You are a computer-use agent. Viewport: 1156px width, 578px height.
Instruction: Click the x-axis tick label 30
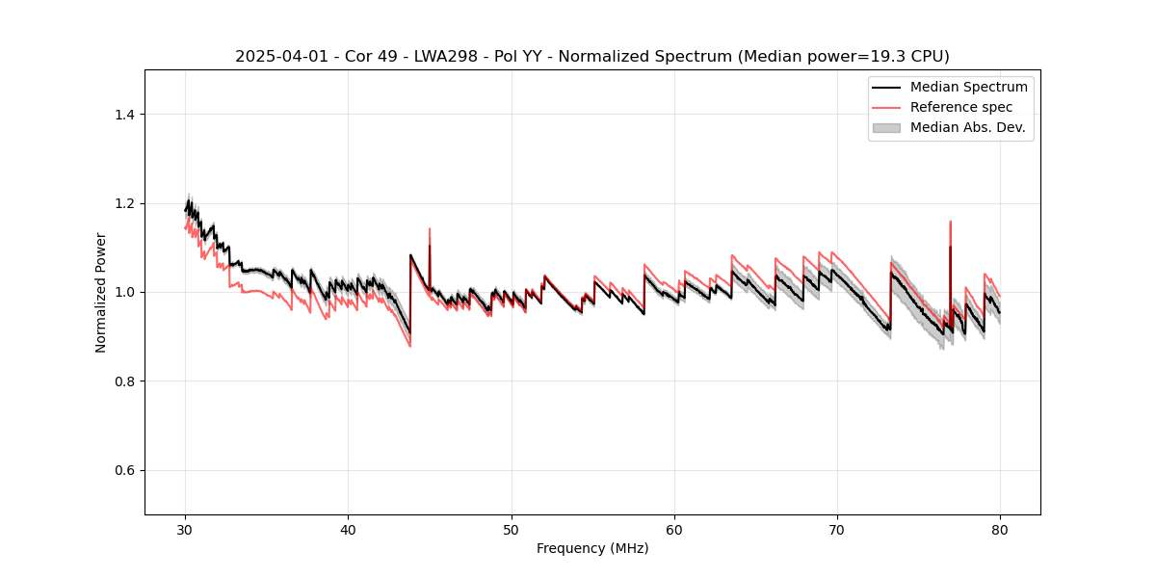click(186, 530)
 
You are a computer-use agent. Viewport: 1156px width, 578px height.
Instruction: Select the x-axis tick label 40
click(349, 530)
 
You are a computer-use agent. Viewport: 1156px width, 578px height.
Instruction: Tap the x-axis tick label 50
click(512, 530)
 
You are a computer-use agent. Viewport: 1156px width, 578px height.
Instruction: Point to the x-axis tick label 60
click(674, 530)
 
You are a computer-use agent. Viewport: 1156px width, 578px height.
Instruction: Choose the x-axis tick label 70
click(837, 530)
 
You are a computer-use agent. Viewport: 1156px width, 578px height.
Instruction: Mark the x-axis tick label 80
click(1000, 530)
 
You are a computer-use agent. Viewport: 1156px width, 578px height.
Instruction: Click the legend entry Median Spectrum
click(968, 87)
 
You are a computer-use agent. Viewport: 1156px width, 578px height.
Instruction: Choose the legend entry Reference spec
click(961, 107)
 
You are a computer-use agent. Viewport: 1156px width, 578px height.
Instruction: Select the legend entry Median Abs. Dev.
click(968, 127)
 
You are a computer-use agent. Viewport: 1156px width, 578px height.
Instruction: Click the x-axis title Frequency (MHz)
click(592, 548)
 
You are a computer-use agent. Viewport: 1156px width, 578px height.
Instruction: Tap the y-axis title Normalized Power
click(101, 292)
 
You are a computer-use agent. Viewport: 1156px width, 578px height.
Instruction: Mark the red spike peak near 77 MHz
click(950, 222)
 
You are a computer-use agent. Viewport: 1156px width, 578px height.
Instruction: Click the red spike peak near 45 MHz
click(430, 229)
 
